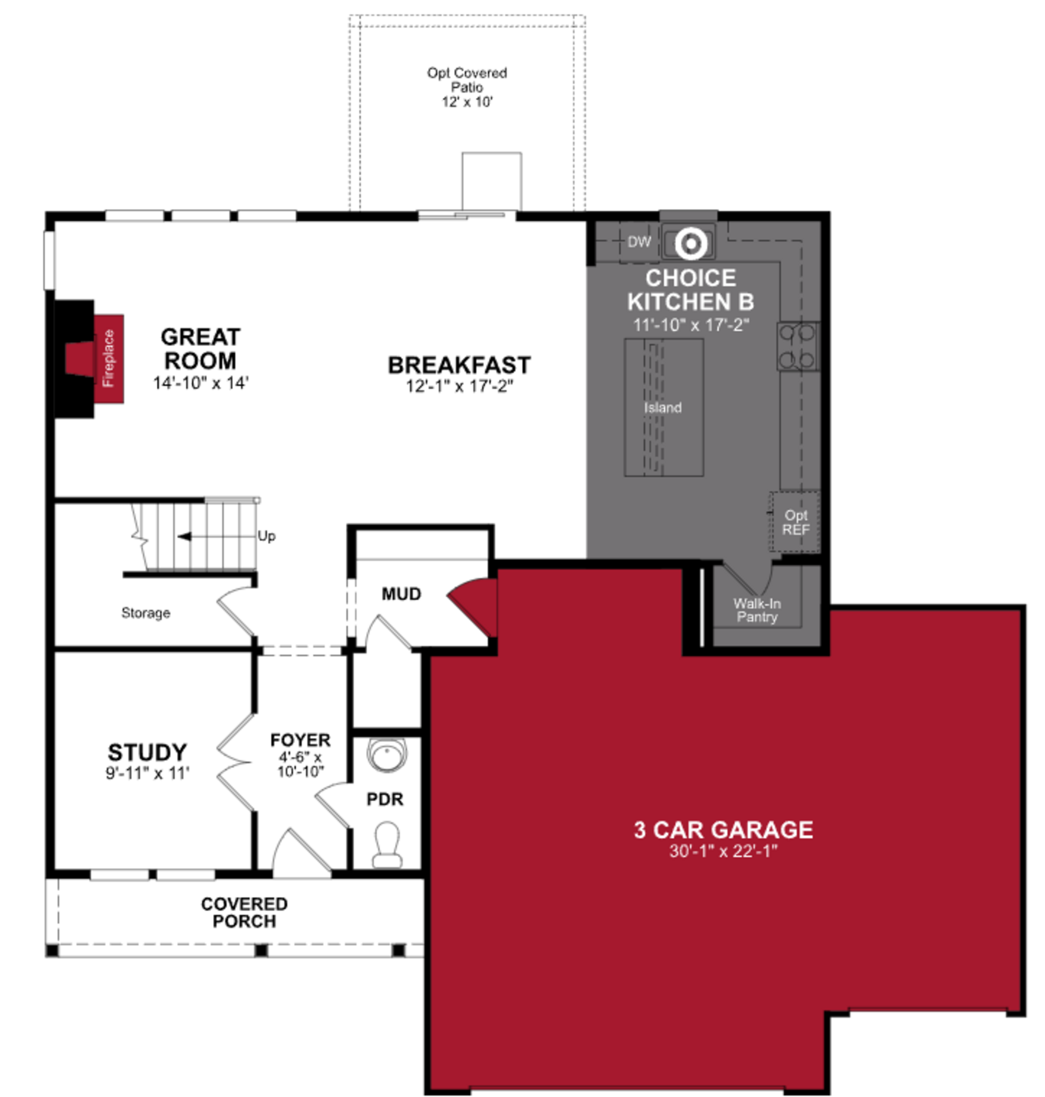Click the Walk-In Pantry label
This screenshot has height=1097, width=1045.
pos(757,610)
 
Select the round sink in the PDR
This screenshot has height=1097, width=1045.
pos(387,754)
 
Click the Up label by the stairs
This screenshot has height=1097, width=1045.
pos(266,536)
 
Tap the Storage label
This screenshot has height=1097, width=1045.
pos(145,613)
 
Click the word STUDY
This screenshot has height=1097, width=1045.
pos(147,752)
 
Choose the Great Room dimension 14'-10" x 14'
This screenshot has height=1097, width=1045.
pos(201,383)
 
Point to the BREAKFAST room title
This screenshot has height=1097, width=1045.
pos(459,366)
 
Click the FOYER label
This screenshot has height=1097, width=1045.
pos(300,740)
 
